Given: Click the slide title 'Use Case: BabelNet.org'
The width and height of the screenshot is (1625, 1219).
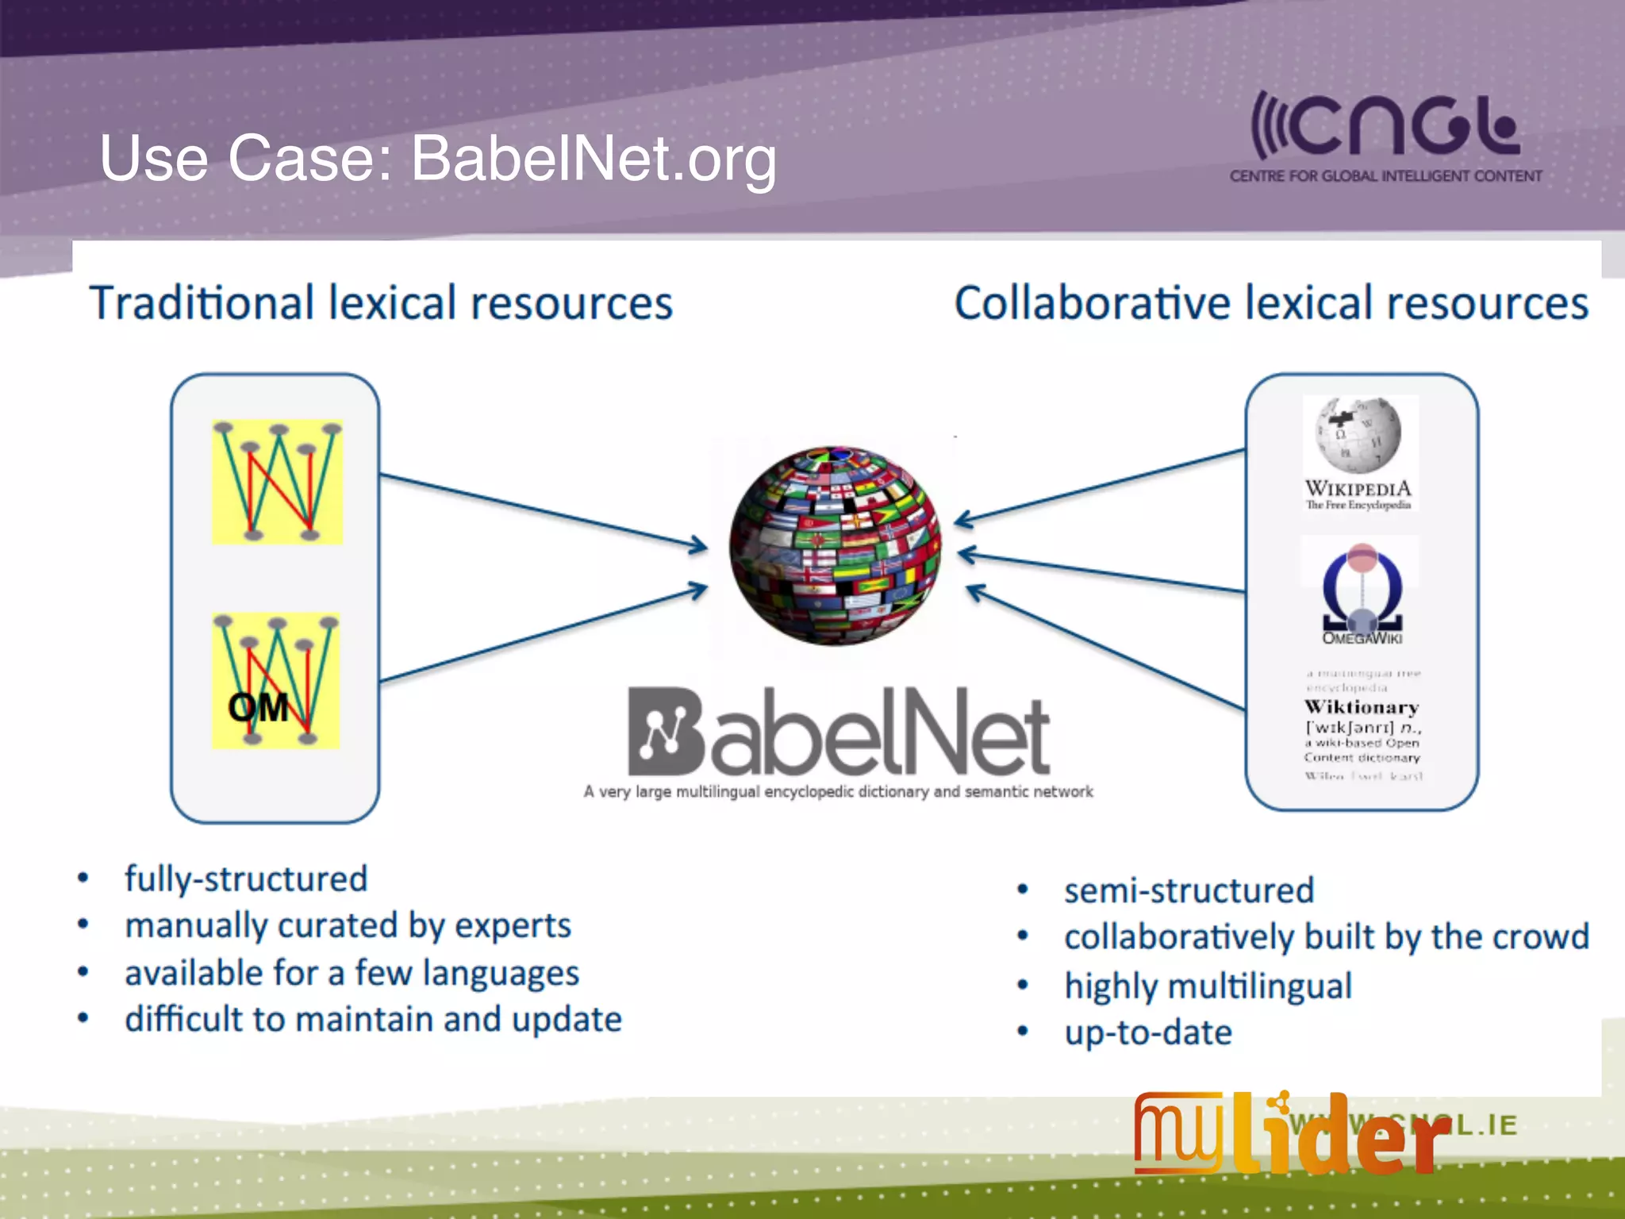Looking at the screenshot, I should click(x=437, y=159).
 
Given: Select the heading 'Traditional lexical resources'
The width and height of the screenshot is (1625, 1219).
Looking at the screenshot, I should click(x=381, y=304).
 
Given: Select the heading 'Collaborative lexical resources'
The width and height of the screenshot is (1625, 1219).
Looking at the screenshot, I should click(x=1270, y=304).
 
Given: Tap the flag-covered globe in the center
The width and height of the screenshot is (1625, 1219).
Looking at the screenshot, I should click(x=835, y=546).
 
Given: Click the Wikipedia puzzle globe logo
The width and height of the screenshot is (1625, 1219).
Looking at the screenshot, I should click(x=1358, y=435).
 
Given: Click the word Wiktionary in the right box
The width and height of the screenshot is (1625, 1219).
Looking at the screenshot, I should click(x=1362, y=707).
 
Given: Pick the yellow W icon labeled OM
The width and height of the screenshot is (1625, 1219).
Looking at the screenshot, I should click(x=275, y=681).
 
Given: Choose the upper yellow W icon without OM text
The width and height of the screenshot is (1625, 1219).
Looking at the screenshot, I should click(x=277, y=482).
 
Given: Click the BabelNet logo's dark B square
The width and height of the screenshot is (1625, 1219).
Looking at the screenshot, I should click(x=665, y=731).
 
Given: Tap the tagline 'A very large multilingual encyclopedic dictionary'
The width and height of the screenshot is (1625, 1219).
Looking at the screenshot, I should click(x=838, y=792).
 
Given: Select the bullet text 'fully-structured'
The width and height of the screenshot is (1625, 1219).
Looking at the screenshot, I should click(x=246, y=879).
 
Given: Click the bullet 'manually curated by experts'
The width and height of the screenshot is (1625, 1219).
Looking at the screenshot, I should click(x=348, y=926).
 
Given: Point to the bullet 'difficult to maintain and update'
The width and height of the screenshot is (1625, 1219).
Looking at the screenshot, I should click(x=373, y=1020).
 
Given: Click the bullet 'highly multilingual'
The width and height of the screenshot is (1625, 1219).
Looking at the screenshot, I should click(x=1208, y=986).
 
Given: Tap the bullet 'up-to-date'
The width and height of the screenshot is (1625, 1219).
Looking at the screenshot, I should click(x=1147, y=1033).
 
